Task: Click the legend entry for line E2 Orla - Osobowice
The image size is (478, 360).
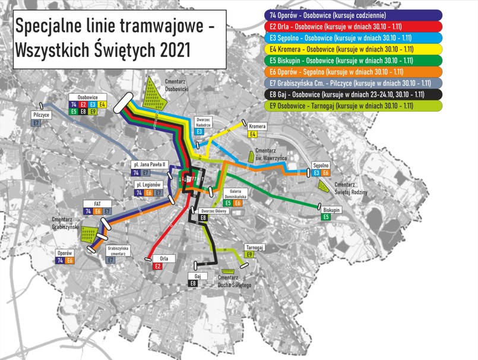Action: click(x=354, y=26)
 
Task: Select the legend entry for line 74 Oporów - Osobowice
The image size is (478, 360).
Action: click(x=354, y=15)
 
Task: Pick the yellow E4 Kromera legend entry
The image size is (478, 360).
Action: click(x=354, y=49)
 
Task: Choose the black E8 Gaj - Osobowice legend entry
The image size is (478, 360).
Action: click(x=354, y=94)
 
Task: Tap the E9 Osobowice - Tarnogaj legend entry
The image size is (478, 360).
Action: click(x=354, y=106)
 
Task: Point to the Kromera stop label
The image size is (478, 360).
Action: click(x=257, y=127)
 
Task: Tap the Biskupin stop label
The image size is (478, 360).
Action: click(x=331, y=210)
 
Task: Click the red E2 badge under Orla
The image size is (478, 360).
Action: click(x=158, y=267)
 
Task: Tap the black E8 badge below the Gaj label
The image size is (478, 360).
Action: click(x=194, y=284)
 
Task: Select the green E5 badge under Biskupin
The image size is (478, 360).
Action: click(x=326, y=217)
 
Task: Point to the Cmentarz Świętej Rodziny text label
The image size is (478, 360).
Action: click(x=351, y=188)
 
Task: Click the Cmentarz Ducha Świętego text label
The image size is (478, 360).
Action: click(x=235, y=282)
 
